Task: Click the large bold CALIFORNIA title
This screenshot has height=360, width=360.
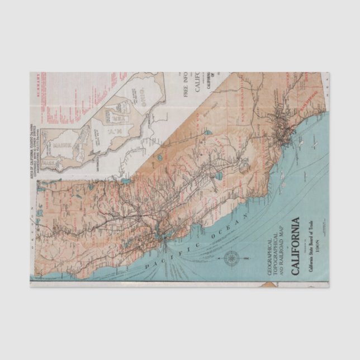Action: (295, 244)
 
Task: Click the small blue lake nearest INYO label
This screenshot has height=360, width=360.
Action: (206, 134)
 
